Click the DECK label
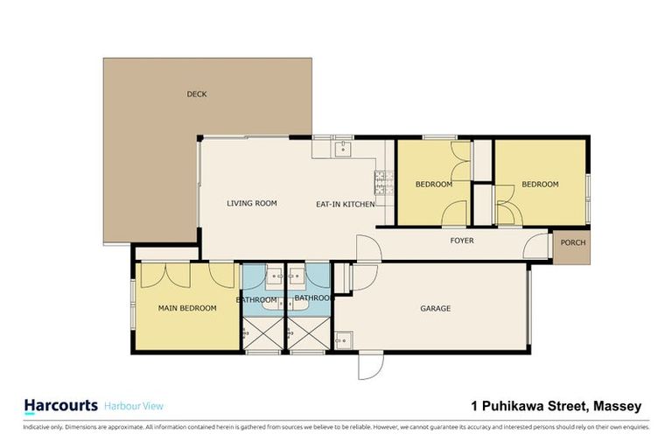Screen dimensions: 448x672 pos(196,94)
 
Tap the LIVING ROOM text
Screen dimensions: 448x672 pos(252,203)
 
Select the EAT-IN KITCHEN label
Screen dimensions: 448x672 pos(345,204)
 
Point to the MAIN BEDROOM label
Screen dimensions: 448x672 pos(187,308)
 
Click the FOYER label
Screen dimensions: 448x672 pos(462,240)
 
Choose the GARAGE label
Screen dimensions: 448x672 pos(435,308)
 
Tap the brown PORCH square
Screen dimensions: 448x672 pos(572,243)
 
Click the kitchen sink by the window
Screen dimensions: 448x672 pos(341,148)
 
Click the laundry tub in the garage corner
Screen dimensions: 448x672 pos(344,339)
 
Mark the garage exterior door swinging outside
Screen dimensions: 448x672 pos(370,366)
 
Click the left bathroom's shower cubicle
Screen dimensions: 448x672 pos(262,334)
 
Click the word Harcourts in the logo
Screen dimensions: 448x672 pos(59,405)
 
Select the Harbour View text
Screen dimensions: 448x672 pos(134,406)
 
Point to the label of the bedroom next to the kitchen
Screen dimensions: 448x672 pos(433,185)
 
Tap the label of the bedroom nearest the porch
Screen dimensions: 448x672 pos(540,185)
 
